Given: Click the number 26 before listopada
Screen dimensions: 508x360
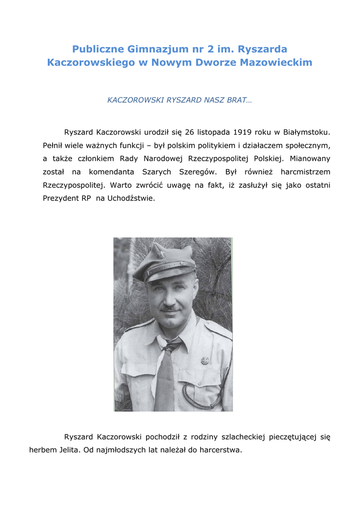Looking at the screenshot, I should coord(189,132).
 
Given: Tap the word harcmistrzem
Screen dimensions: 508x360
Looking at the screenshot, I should coord(305,172).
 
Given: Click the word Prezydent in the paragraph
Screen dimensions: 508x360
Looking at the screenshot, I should coord(59,198).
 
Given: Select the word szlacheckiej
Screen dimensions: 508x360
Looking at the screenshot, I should coord(232,437).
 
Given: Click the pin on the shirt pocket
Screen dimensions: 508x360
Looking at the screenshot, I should coord(205,361).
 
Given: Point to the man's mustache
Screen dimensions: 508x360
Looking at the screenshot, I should coord(170,308).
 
